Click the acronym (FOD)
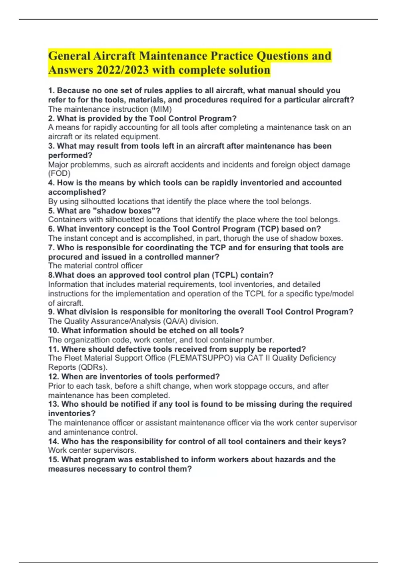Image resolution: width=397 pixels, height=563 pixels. [x=59, y=173]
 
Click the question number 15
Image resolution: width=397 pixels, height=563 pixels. [x=53, y=460]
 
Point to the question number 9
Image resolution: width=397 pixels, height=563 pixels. [x=51, y=312]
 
